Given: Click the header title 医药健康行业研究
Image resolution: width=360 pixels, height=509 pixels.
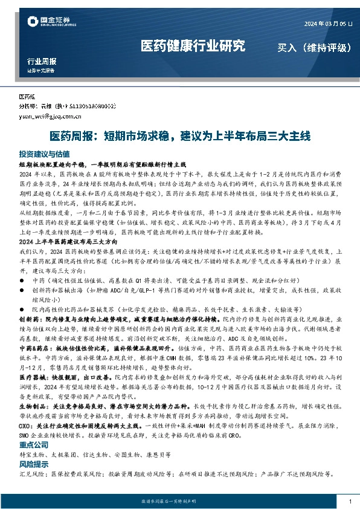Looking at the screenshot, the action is tap(193, 46).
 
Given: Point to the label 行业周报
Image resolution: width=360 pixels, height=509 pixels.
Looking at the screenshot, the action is tap(42, 61).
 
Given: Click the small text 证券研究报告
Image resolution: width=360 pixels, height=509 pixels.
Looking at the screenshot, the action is tap(40, 70).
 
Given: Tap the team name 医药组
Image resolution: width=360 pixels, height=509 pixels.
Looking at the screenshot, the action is tap(28, 97).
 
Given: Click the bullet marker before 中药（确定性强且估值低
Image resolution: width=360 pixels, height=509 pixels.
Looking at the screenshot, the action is tap(22, 280).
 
